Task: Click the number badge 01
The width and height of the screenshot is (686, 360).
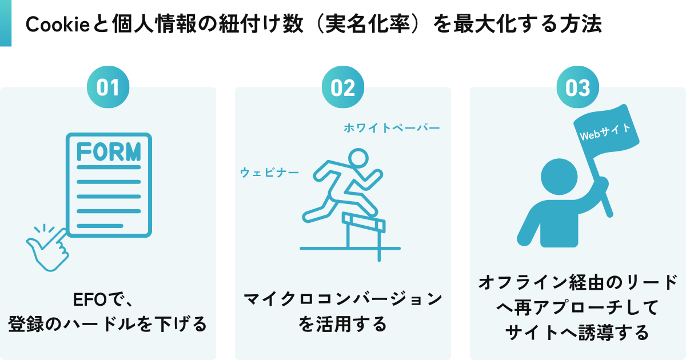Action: (x=107, y=88)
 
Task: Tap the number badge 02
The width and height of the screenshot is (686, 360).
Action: (x=343, y=88)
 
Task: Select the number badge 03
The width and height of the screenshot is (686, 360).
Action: (x=577, y=88)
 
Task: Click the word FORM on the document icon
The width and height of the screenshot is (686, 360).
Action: (x=109, y=153)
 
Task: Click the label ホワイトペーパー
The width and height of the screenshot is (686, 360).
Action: (x=392, y=128)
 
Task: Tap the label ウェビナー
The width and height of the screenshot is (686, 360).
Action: (x=269, y=172)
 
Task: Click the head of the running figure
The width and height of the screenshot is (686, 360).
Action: (x=360, y=159)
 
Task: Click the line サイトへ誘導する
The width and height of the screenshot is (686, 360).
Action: (x=577, y=332)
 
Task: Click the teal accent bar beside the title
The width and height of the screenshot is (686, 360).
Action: (x=6, y=23)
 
